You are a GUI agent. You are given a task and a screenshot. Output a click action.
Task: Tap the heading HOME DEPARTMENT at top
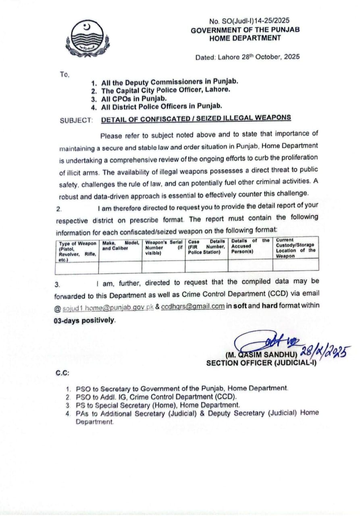245,38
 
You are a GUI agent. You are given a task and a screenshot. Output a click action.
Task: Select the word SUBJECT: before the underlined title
76,120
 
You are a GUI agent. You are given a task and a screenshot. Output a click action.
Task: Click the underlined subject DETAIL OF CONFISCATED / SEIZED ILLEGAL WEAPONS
196,118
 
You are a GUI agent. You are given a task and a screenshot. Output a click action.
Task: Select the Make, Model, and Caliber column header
121,246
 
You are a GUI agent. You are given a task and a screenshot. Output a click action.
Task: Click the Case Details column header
206,246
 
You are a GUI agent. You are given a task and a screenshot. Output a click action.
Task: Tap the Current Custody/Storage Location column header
296,248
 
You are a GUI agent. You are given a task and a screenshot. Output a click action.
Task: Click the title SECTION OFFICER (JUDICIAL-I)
261,363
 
